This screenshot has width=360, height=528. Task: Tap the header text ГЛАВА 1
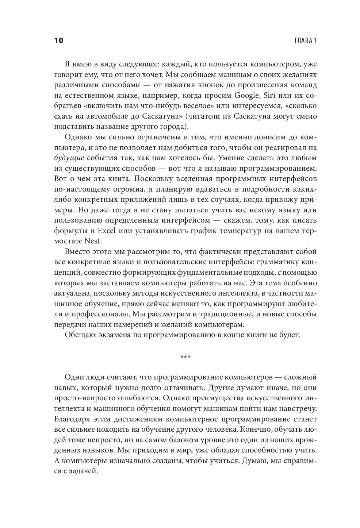305,41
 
